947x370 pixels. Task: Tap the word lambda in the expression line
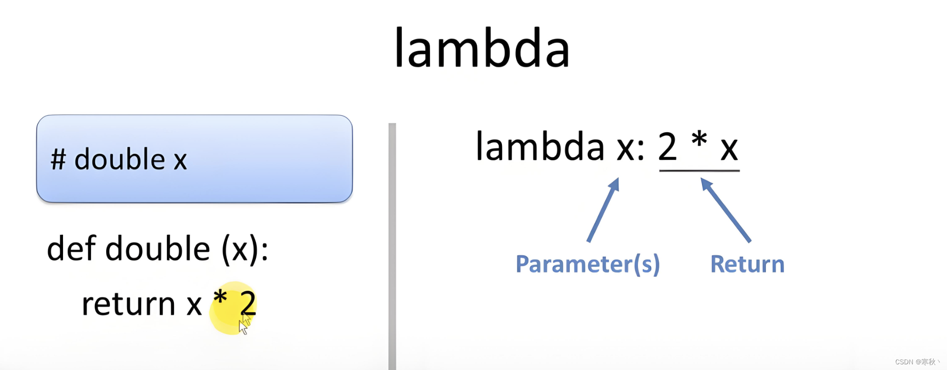coord(540,147)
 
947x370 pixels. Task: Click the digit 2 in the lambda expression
coord(667,147)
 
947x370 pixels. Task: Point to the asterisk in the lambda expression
coord(699,140)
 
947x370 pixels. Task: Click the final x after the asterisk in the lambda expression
coord(729,149)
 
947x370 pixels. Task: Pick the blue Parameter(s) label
coord(587,264)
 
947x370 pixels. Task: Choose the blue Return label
coord(747,264)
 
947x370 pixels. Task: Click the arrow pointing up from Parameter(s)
coord(603,210)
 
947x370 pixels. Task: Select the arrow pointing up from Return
coord(725,210)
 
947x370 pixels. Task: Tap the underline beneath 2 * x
coord(699,170)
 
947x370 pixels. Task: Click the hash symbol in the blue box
coord(58,159)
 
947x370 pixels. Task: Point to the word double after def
coord(157,249)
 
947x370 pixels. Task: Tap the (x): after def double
coord(245,250)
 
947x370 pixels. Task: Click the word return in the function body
coord(128,304)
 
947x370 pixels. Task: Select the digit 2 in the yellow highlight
coord(247,304)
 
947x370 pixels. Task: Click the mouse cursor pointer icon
coord(243,326)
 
